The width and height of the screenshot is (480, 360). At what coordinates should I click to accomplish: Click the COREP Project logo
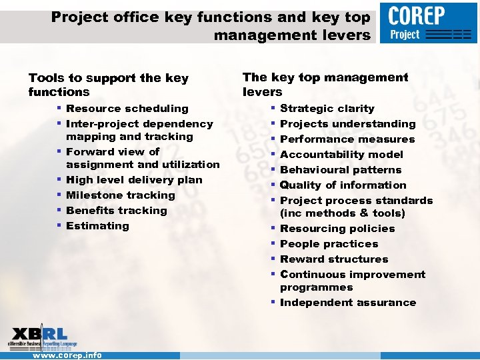429,23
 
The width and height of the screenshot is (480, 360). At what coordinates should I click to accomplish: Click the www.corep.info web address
67,355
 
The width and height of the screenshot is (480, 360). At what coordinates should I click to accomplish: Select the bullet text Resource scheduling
127,109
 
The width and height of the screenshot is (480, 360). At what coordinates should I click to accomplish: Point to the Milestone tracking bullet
121,195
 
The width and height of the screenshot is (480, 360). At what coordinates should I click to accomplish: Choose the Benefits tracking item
117,211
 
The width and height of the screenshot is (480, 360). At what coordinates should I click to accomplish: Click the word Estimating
98,226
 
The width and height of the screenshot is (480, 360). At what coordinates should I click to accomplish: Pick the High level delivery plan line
134,180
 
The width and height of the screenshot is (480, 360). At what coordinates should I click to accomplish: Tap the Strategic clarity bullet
327,109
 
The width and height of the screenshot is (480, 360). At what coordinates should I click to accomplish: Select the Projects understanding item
347,124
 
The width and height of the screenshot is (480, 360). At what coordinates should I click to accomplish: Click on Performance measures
347,139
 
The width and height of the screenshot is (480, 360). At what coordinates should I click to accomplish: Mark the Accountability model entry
341,155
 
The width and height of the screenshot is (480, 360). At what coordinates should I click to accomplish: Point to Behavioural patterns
341,170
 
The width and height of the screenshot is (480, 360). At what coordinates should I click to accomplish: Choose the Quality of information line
343,185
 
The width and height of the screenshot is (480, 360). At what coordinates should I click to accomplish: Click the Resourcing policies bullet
337,229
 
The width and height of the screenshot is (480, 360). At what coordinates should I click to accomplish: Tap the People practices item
329,244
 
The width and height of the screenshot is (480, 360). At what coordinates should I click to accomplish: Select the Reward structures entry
334,259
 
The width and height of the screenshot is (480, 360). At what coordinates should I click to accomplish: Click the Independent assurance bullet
348,303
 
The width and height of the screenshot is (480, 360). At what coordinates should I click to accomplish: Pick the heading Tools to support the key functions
108,85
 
